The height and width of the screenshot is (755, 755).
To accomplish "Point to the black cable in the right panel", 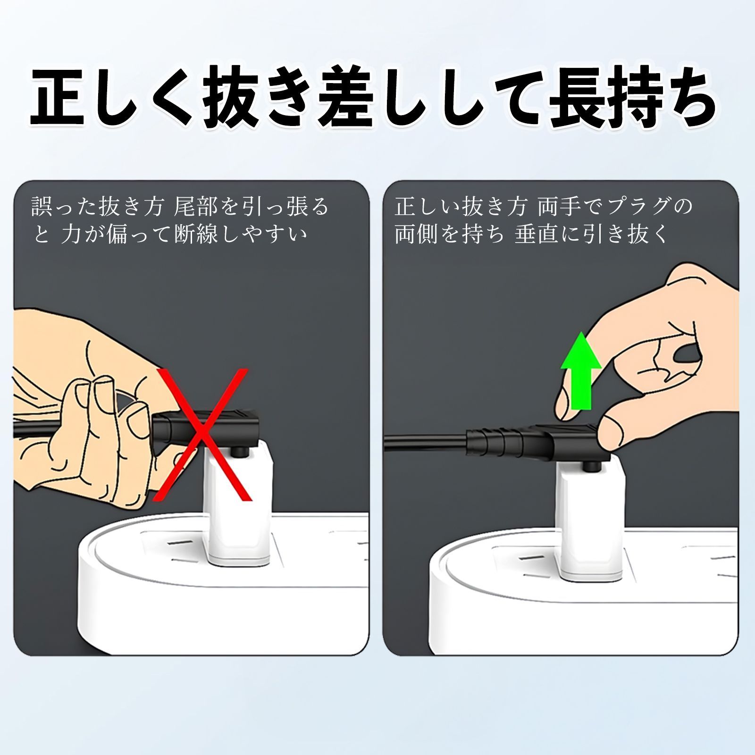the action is (x=425, y=444).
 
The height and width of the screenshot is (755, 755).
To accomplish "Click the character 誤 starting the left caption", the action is (x=42, y=206).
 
